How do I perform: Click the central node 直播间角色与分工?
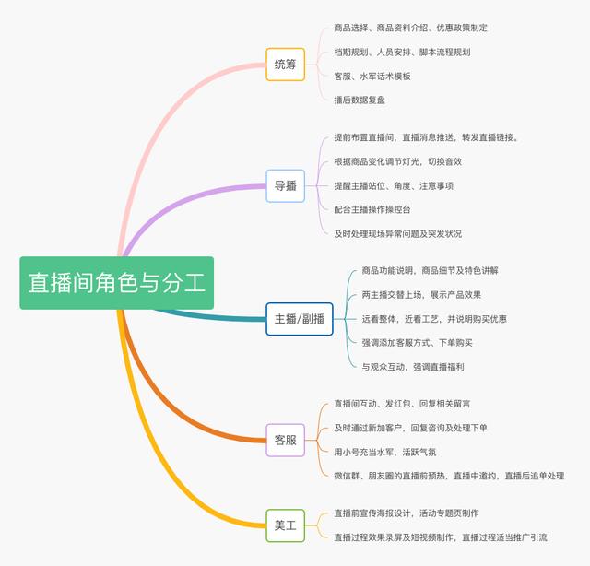click(117, 282)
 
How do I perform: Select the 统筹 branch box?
click(285, 65)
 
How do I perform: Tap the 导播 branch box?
click(285, 185)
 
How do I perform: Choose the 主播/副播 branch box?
click(299, 319)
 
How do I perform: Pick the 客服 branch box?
click(285, 440)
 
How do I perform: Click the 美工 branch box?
click(285, 525)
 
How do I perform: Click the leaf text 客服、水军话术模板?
click(372, 76)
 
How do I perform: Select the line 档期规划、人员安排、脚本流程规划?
click(402, 52)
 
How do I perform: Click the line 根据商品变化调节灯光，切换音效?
click(397, 161)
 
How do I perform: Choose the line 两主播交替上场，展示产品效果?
click(421, 295)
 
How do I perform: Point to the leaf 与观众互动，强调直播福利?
click(412, 367)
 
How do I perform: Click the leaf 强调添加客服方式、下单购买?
click(417, 343)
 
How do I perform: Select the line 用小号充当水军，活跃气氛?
click(385, 452)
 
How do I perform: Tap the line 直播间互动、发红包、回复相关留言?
click(402, 404)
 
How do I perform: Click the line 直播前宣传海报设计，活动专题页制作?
click(406, 513)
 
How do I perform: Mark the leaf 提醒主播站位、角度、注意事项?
click(394, 185)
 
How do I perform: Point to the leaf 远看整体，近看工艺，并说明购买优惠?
click(434, 319)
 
